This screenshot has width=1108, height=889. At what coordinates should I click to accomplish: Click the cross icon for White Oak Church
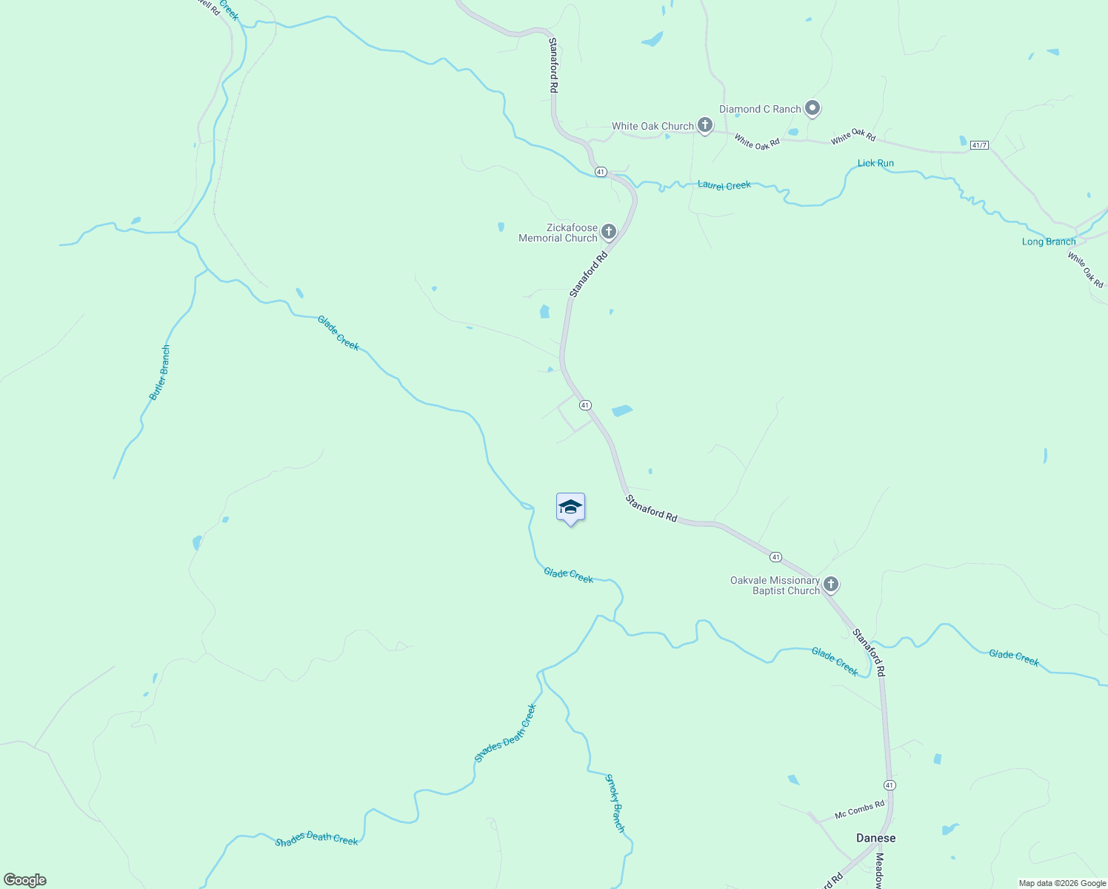point(705,125)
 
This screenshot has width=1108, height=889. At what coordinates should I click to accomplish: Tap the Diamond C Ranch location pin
point(812,109)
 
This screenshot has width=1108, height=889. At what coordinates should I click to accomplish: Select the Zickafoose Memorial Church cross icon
point(609,232)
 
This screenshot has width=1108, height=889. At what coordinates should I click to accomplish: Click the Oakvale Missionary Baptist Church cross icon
point(831,585)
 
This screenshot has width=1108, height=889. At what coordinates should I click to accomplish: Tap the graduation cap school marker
point(570,507)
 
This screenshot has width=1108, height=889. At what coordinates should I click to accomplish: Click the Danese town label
point(875,838)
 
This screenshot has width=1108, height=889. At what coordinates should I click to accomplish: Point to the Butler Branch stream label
point(160,373)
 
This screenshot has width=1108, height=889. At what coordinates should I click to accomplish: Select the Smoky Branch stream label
point(615,803)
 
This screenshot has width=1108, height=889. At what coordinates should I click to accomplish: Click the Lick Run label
point(875,163)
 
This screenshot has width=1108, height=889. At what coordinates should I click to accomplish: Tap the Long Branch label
point(1049,242)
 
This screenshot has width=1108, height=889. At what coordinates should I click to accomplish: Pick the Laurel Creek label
point(724,185)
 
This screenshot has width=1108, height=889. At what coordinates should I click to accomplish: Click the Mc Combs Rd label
point(859,810)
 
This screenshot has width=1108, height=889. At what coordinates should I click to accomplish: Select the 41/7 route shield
point(978,145)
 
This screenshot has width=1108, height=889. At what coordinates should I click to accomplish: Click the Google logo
point(25,880)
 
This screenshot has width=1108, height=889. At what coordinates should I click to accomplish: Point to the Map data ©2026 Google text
point(1062,883)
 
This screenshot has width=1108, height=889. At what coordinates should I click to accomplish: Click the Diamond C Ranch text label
point(760,109)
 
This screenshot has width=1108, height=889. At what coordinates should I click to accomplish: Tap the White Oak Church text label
point(653,126)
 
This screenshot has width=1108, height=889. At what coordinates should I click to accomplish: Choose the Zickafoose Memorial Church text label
point(558,233)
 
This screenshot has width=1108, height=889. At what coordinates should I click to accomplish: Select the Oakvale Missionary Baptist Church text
point(775,585)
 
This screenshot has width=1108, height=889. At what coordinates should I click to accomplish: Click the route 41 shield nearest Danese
point(890,785)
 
